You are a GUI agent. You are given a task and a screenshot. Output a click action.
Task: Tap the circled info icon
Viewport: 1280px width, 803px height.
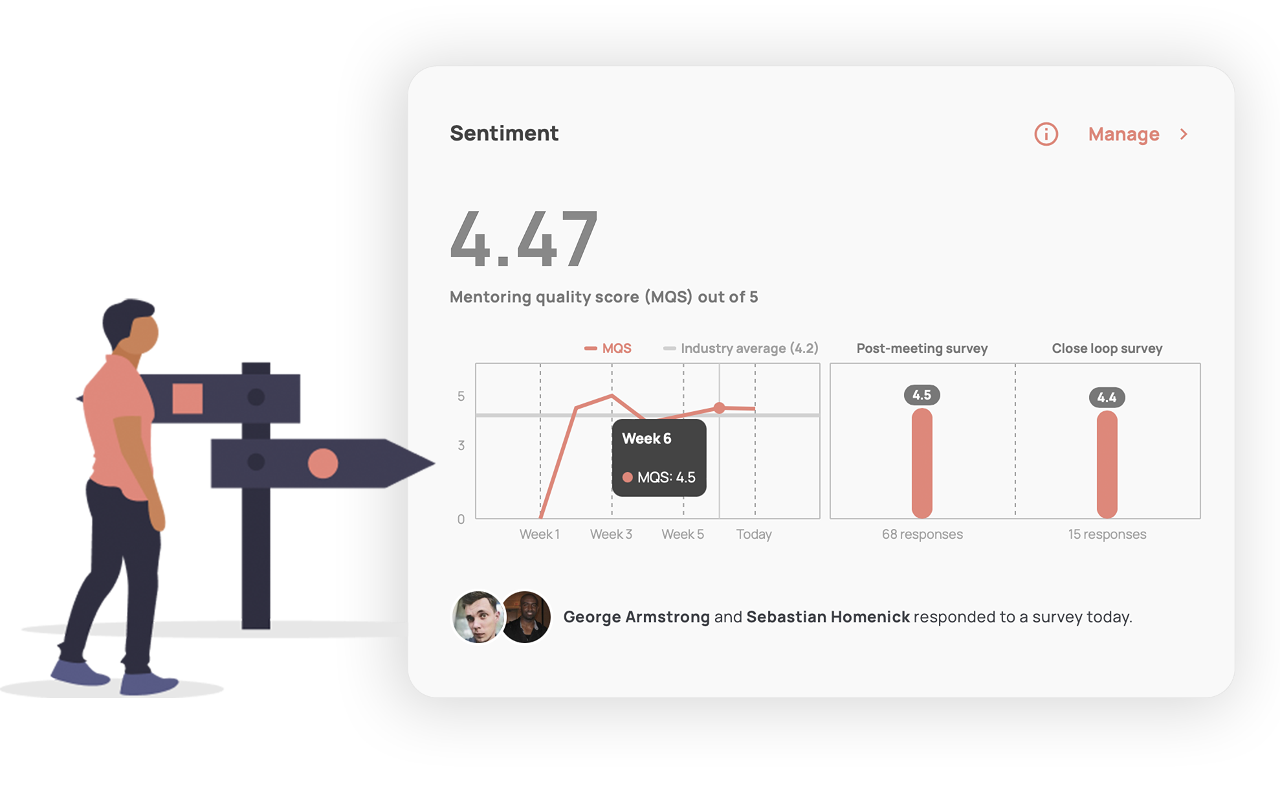click(x=1046, y=134)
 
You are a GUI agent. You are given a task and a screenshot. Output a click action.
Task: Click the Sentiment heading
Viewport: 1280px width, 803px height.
click(x=504, y=133)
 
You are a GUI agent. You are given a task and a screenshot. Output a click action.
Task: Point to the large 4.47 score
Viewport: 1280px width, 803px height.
click(x=524, y=238)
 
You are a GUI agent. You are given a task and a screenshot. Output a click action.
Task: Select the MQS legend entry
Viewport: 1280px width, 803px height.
click(x=608, y=348)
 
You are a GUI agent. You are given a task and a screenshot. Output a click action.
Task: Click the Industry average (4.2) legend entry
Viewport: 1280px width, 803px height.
click(x=741, y=348)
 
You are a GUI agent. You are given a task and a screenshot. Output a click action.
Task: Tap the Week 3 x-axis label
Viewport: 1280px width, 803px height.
click(x=611, y=534)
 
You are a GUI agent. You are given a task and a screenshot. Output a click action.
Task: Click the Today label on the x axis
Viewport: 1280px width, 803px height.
click(x=754, y=534)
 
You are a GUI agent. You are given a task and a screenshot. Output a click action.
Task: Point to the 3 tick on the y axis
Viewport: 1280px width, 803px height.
click(x=461, y=446)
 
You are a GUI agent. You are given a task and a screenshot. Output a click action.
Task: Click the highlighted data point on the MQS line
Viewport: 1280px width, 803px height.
click(x=719, y=408)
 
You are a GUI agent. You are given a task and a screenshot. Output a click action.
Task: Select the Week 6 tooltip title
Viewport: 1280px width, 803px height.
click(x=646, y=438)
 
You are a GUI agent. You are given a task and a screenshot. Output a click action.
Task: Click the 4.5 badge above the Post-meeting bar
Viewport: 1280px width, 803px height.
click(x=922, y=395)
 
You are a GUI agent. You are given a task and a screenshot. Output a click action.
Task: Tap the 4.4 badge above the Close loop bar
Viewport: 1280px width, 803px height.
click(x=1107, y=398)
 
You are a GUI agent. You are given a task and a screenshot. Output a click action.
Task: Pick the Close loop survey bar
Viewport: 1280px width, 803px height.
click(x=1107, y=464)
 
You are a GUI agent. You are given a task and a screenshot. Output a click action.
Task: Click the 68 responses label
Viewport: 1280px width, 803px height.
click(x=922, y=534)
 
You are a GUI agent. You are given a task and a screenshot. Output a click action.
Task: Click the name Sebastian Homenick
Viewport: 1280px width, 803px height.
click(x=828, y=616)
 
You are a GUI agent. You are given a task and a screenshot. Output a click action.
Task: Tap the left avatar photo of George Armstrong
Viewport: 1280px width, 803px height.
click(x=478, y=617)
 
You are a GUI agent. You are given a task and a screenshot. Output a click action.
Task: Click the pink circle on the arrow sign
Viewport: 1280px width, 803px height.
click(x=323, y=463)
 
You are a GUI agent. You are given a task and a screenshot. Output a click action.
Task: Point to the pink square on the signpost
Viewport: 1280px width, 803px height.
click(x=188, y=398)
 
